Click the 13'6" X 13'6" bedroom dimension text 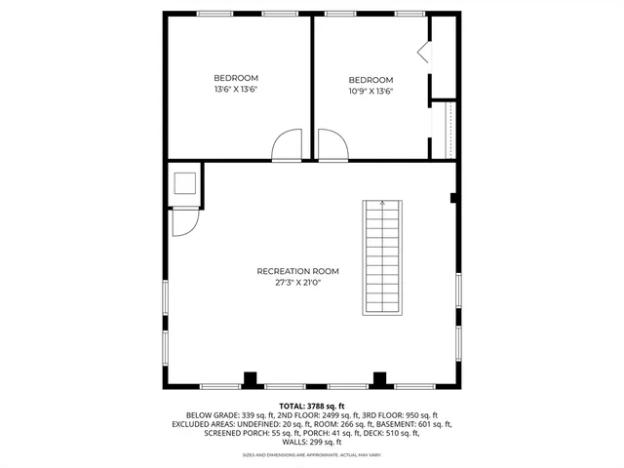coord(235,89)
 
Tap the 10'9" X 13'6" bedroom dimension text coord(370,92)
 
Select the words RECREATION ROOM coord(297,270)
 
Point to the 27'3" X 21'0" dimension coord(297,282)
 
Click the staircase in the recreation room coord(382,257)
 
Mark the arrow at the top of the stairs coord(382,205)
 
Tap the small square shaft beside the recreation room coord(183,183)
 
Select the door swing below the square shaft coord(182,222)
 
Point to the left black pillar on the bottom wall coord(251,378)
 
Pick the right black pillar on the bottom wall coord(380,378)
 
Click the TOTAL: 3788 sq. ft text coord(312,405)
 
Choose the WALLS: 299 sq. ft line coord(312,442)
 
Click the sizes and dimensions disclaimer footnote coord(312,455)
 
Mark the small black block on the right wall coord(454,198)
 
